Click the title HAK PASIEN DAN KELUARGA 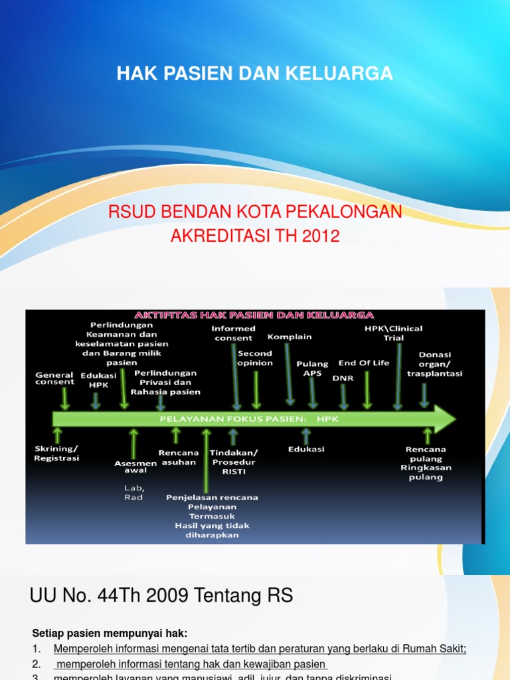pyautogui.click(x=255, y=74)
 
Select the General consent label pyautogui.click(x=54, y=379)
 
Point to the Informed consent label pyautogui.click(x=233, y=333)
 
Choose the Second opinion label pyautogui.click(x=255, y=359)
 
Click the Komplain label pyautogui.click(x=290, y=337)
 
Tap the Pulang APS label pyautogui.click(x=312, y=369)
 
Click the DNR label pyautogui.click(x=343, y=377)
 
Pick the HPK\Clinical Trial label pyautogui.click(x=393, y=333)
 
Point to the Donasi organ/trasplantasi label pyautogui.click(x=435, y=364)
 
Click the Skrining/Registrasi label pyautogui.click(x=56, y=454)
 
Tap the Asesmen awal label pyautogui.click(x=135, y=467)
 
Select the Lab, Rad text pyautogui.click(x=133, y=492)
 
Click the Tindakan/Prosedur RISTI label pyautogui.click(x=233, y=462)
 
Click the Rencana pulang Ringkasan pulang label pyautogui.click(x=426, y=463)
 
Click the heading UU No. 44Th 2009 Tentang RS pyautogui.click(x=161, y=596)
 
